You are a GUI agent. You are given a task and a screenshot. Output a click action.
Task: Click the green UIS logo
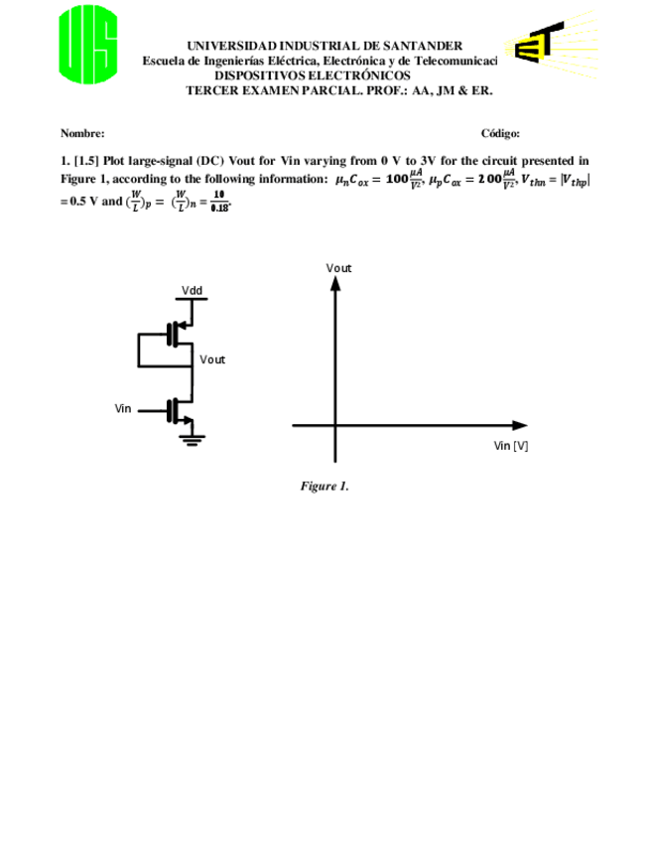(x=88, y=46)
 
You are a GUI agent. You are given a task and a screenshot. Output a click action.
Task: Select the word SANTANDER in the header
(x=422, y=46)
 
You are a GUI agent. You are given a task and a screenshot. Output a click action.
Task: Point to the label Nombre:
(x=82, y=133)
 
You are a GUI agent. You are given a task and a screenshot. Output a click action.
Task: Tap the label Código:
(x=500, y=133)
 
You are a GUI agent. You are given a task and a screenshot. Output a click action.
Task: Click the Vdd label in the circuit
(x=192, y=290)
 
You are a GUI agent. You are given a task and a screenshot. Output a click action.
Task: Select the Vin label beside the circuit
(x=124, y=408)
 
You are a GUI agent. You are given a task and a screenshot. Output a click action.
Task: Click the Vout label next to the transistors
(x=212, y=358)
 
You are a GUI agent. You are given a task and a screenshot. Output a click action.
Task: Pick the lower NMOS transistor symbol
(x=180, y=409)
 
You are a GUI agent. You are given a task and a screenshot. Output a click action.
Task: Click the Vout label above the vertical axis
(x=338, y=267)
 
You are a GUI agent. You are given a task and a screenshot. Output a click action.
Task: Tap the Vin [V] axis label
(x=510, y=446)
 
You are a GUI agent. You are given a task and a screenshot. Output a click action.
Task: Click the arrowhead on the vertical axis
(x=335, y=283)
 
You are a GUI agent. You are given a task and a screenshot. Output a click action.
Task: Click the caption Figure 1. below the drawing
(x=325, y=487)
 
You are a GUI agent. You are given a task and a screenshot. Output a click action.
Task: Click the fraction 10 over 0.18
(x=218, y=202)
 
